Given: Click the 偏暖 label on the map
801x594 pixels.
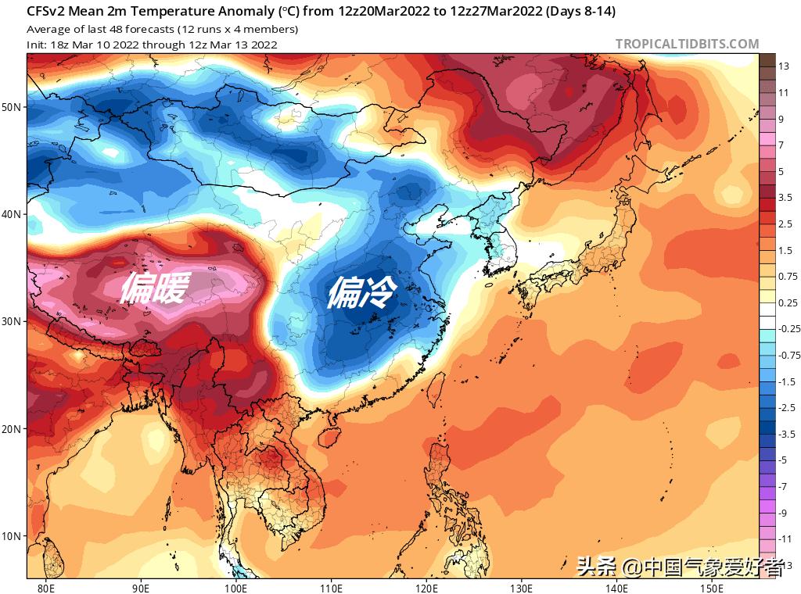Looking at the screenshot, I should (x=154, y=289).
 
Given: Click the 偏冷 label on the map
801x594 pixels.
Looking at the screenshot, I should (x=361, y=293).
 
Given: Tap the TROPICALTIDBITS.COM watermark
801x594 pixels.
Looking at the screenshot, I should (x=687, y=45).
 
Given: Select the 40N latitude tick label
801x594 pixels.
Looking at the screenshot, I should (x=13, y=214).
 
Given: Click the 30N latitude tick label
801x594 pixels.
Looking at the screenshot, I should (x=13, y=322).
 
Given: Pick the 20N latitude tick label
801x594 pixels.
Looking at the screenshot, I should (x=13, y=429).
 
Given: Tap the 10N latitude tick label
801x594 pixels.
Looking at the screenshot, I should (x=13, y=537).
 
